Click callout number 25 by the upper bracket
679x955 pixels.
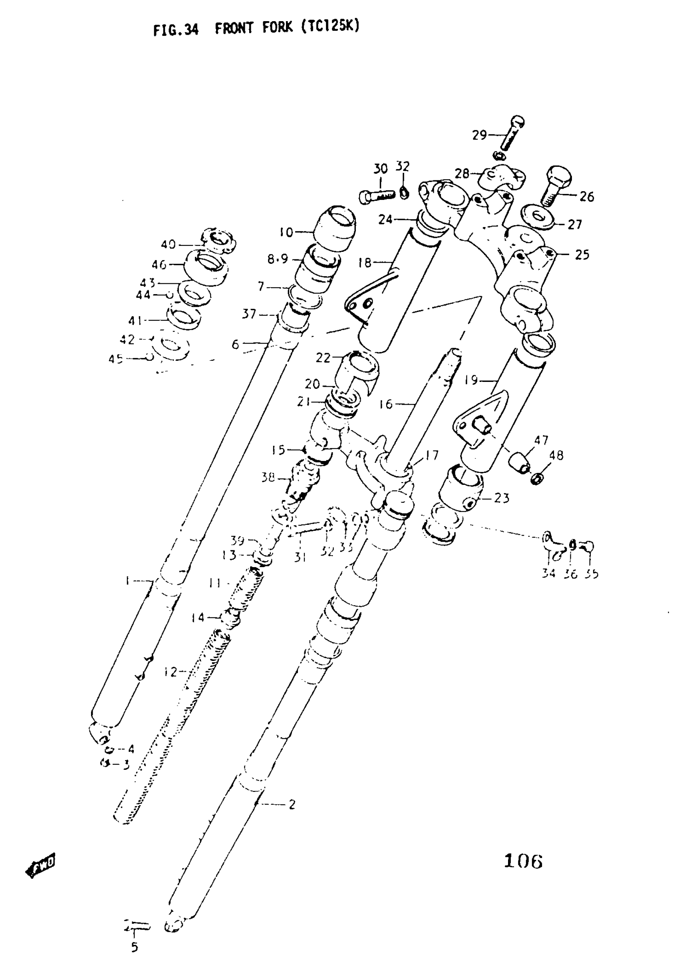pos(582,255)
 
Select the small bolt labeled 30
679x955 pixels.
pos(376,196)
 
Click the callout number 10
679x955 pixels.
pos(286,232)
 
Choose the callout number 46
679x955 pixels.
pos(159,265)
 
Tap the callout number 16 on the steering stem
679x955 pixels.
pos(386,404)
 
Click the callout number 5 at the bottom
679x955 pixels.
pos(134,947)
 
